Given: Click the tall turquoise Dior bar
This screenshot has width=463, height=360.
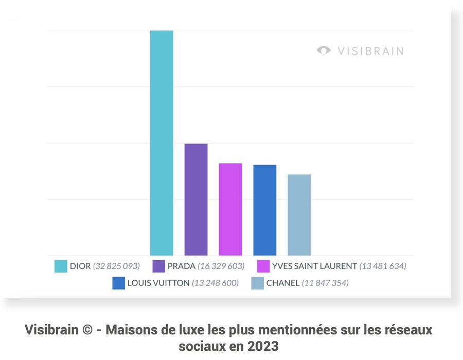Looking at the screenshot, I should pos(162,143).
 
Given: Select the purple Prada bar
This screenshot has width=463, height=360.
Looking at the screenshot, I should pos(196,200).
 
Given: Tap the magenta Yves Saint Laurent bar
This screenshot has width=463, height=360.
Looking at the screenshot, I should pos(230,209).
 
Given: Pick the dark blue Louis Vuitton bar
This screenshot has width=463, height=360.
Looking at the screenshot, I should pos(265,210).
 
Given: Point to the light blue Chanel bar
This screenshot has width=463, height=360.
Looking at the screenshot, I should pos(299,215).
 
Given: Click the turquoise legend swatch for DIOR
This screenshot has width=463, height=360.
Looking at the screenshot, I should pos(61,266).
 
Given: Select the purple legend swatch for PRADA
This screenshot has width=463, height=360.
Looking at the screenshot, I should pos(159,266).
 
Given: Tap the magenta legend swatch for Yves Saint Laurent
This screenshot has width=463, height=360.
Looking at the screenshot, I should pos(263,266).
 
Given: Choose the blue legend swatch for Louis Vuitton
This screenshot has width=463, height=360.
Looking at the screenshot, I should pos(118,283).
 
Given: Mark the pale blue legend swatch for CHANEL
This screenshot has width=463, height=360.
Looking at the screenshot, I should pos(258,283).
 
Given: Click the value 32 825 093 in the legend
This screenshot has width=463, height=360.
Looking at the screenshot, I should pos(116,266).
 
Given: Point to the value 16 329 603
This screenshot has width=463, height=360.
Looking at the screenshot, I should pos(221,266).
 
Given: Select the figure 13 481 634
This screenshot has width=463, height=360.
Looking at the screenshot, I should pos(383,266).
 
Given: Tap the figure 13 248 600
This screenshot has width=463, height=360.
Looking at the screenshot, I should pos(215,283).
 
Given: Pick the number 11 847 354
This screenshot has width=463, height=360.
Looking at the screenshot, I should pos(325,283).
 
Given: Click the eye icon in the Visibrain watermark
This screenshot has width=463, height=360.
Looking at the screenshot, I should pos(324,50).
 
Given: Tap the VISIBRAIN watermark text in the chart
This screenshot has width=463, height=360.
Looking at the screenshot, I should pos(370,51).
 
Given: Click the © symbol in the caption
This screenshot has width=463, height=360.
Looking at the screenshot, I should pos(87,330).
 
